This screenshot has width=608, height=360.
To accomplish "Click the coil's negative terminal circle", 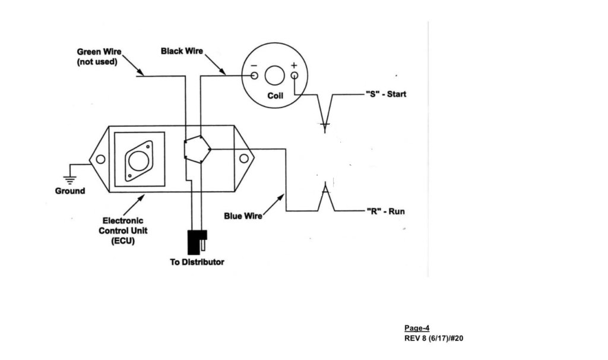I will (x=254, y=75).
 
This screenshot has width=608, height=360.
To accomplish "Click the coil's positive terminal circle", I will (x=294, y=75).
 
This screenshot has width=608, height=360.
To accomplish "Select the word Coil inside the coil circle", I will (x=275, y=96).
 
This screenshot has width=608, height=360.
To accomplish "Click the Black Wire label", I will (x=182, y=52).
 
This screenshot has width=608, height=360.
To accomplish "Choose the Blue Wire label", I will (x=243, y=216).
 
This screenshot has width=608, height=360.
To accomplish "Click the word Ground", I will (x=70, y=191).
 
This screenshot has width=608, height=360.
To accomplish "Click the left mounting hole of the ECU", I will (x=100, y=159).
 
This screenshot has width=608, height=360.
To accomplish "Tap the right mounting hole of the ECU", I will (x=243, y=159).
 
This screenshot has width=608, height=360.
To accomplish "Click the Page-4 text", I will (x=417, y=328).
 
